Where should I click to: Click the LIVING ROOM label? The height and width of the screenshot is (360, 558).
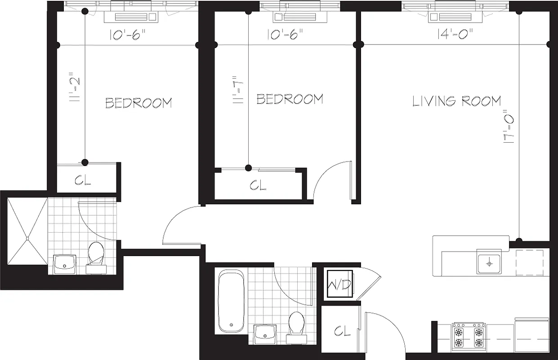click(x=456, y=101)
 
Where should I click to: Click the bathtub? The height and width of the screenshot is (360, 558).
click(x=232, y=300)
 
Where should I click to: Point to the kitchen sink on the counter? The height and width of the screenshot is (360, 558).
click(x=488, y=261)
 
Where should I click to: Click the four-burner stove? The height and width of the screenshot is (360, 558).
click(x=469, y=336)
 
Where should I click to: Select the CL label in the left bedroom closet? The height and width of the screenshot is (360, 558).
click(x=83, y=180)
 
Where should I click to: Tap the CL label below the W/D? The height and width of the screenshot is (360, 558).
click(x=341, y=332)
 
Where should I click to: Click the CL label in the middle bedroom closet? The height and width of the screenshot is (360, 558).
click(x=258, y=185)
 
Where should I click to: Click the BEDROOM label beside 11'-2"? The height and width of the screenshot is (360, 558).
click(x=138, y=103)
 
